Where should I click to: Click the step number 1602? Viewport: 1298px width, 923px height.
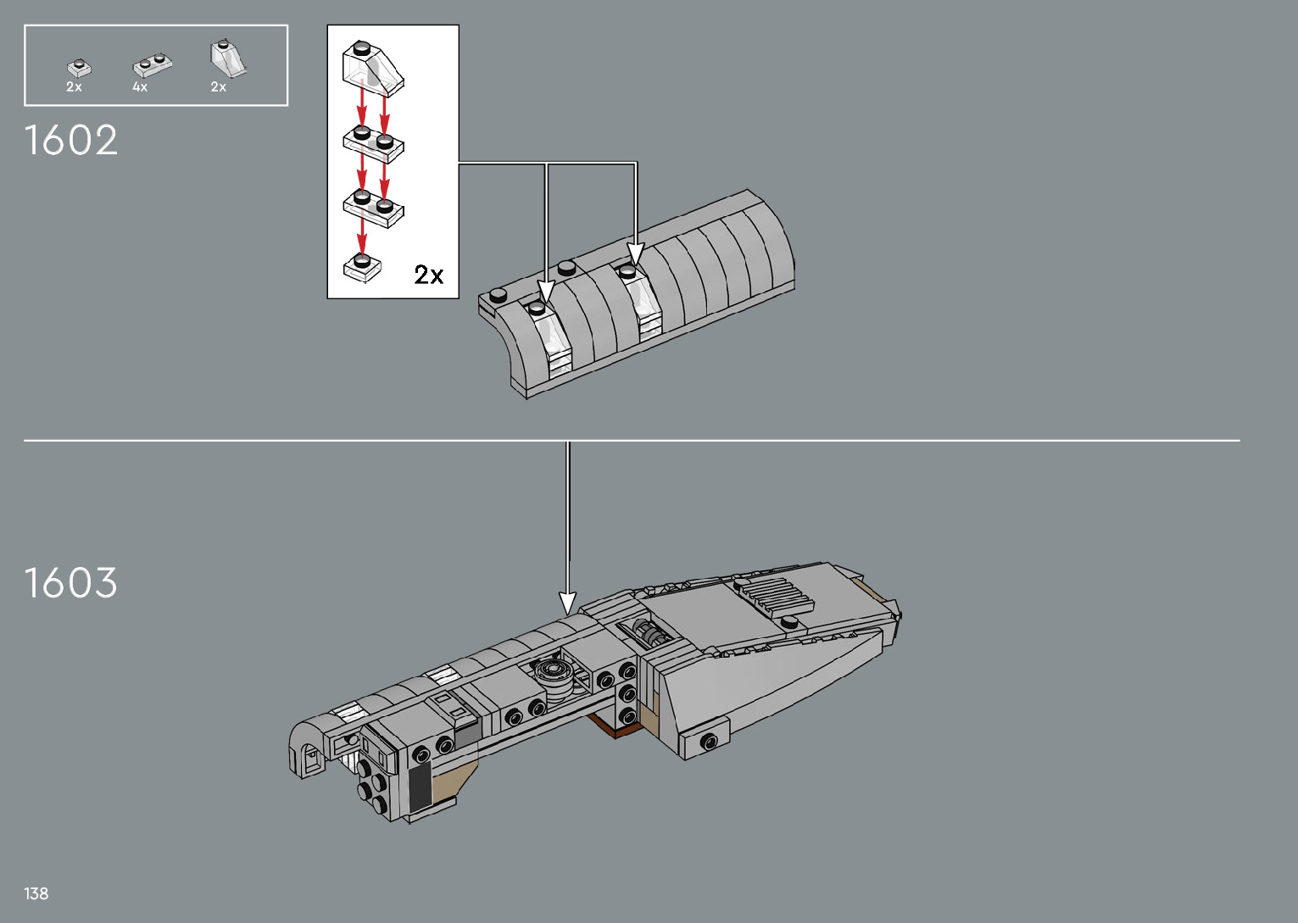click(x=70, y=140)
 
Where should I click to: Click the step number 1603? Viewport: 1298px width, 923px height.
click(x=70, y=582)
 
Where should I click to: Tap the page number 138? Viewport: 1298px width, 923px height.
click(x=36, y=893)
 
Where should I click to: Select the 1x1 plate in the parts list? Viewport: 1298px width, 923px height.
click(x=79, y=69)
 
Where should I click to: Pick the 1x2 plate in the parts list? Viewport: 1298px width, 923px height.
click(x=153, y=65)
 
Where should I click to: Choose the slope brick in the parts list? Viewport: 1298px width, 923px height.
click(x=228, y=58)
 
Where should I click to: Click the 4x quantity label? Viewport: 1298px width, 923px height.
click(x=140, y=87)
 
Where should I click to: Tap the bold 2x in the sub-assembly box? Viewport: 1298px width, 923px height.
click(x=429, y=275)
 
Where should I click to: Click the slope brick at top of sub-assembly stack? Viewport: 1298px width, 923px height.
click(x=372, y=69)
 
